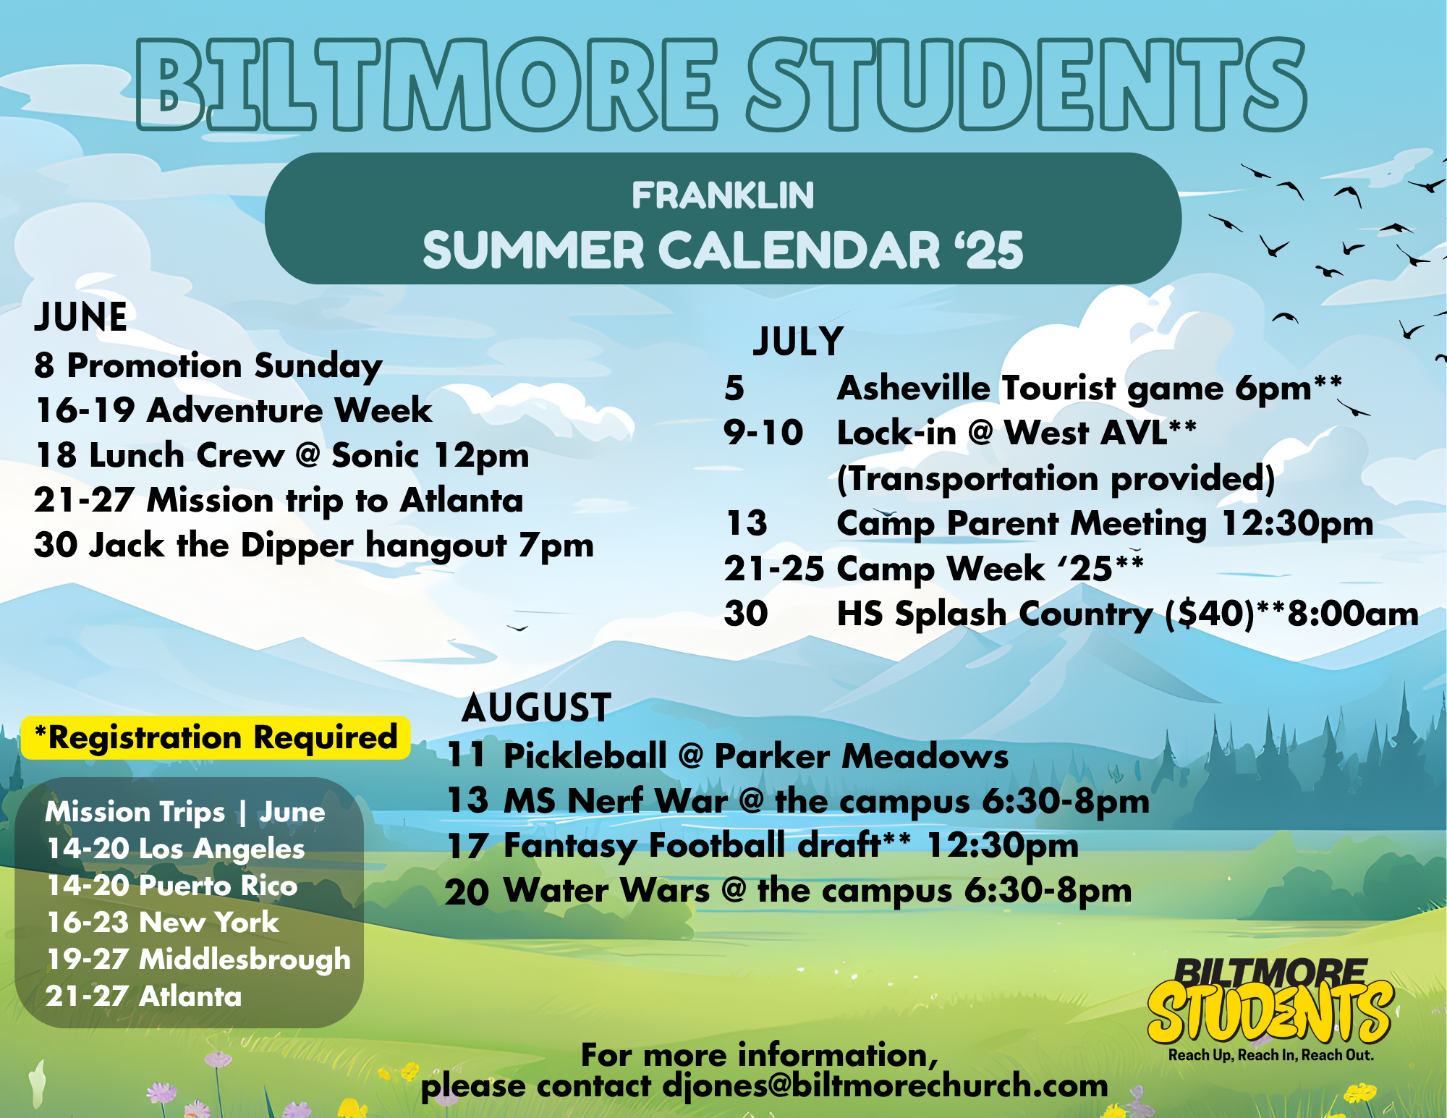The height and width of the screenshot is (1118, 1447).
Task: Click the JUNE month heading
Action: [81, 317]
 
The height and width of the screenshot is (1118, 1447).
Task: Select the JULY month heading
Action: [798, 342]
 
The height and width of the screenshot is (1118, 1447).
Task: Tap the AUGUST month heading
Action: [537, 707]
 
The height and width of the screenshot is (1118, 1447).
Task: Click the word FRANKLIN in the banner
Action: [723, 195]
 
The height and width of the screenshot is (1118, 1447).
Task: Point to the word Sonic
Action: [375, 455]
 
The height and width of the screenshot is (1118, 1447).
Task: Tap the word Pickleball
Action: [585, 756]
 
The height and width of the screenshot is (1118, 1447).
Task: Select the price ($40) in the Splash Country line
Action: [1209, 614]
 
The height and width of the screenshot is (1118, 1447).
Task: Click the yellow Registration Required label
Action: [216, 737]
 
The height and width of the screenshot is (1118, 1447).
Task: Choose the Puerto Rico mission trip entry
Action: [172, 886]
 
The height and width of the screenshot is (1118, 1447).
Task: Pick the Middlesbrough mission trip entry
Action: [198, 960]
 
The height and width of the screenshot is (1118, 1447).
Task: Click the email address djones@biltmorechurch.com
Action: [886, 1085]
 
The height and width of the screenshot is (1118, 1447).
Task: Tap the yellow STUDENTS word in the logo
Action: [1270, 1012]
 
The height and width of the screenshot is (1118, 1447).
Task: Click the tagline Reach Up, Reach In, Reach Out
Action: [1271, 1055]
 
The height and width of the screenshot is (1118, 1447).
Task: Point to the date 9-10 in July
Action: [763, 433]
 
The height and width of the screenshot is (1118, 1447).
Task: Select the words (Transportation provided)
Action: [1056, 479]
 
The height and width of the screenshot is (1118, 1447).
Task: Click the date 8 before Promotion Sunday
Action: [44, 365]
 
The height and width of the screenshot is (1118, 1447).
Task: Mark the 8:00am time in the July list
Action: [1353, 614]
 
